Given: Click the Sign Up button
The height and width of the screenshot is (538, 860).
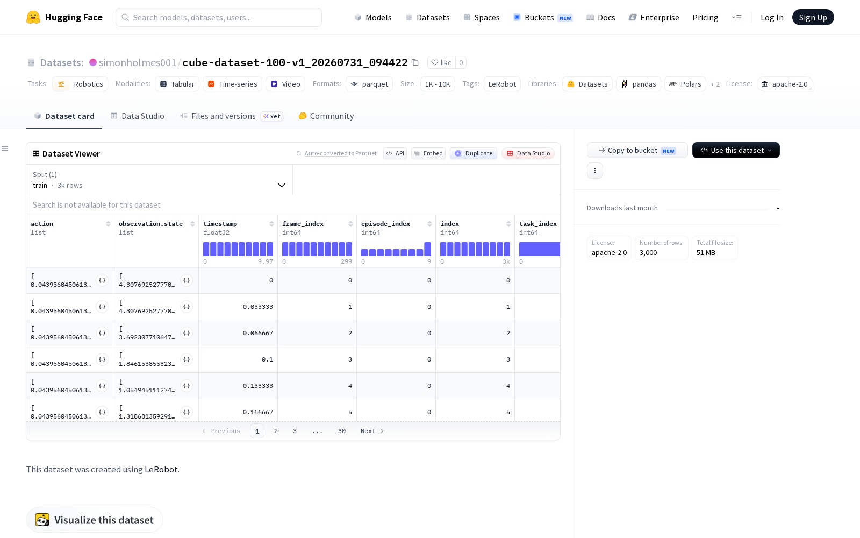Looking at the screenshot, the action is coord(813,17).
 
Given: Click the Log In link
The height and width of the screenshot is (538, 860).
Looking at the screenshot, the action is coord(772,17).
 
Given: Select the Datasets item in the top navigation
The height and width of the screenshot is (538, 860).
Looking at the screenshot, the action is coord(428,17).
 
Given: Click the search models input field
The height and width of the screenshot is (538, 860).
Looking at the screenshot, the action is coord(219,17).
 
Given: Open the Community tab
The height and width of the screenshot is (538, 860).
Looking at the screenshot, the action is coord(326,116).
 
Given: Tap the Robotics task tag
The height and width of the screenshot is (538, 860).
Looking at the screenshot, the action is coord(80,84).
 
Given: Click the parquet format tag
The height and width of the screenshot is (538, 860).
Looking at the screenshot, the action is coord(369,84).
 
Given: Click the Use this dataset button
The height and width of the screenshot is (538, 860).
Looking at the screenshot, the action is coord(736,150).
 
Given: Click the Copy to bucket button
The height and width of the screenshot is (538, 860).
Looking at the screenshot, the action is coord(637,150).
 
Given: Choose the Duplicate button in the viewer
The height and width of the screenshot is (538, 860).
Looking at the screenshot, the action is coord(474,153).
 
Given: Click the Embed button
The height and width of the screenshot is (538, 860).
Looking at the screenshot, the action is coord(428,153).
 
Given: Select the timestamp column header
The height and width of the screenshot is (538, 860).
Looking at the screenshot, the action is coord(220,224).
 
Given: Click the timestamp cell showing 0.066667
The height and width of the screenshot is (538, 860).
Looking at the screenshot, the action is coord(258,333).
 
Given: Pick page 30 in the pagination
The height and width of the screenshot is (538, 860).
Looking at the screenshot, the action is coord(342,431).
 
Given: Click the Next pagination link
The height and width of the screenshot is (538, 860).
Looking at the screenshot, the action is coord(372,431).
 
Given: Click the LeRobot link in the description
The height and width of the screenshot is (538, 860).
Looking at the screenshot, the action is coord(161,469).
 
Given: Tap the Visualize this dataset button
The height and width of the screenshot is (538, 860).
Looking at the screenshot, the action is coord(95,520).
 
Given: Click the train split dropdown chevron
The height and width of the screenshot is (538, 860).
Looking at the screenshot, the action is coord(282,185).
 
